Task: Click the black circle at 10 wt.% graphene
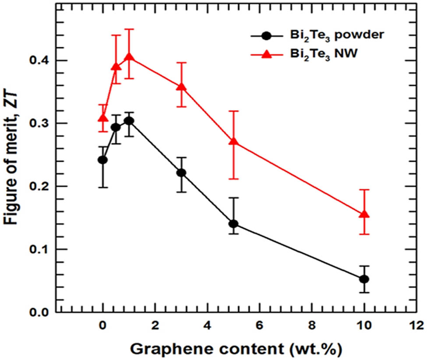coord(364,279)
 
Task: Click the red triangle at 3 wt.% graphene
coord(181,87)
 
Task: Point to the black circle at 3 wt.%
coord(181,173)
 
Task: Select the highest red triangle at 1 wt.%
coord(129,57)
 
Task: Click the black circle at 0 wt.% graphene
coord(103,160)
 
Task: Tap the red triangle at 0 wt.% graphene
coord(103,118)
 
